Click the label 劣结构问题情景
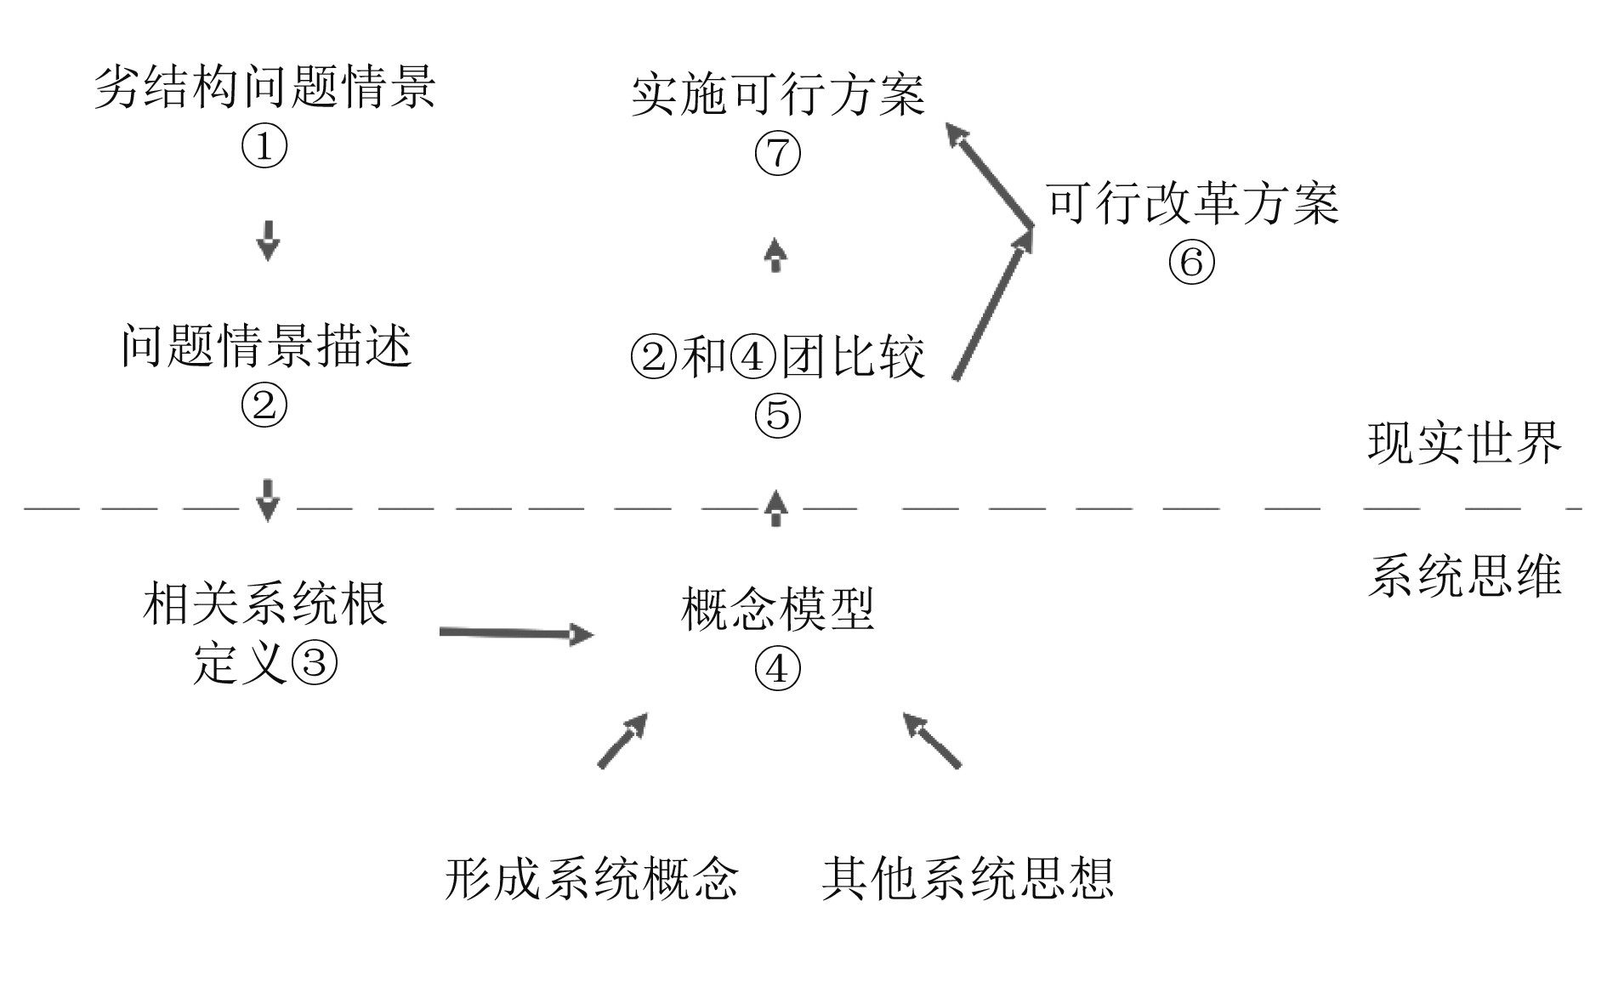pyautogui.click(x=264, y=88)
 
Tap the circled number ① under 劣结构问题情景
pyautogui.click(x=264, y=147)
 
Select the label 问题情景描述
pyautogui.click(x=266, y=347)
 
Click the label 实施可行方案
pyautogui.click(x=778, y=94)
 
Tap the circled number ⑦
pyautogui.click(x=778, y=154)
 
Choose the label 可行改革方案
pyautogui.click(x=1192, y=204)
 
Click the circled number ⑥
pyautogui.click(x=1191, y=263)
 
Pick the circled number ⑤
pyautogui.click(x=778, y=415)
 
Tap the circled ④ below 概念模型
pyautogui.click(x=778, y=669)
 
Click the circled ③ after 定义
pyautogui.click(x=315, y=661)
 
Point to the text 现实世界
pyautogui.click(x=1465, y=443)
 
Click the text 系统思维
pyautogui.click(x=1465, y=577)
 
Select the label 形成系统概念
pyautogui.click(x=592, y=878)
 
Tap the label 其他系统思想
pyautogui.click(x=968, y=878)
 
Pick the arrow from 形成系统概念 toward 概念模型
pyautogui.click(x=623, y=740)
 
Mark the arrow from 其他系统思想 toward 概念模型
pyautogui.click(x=932, y=740)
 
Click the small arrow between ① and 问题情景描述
pyautogui.click(x=268, y=241)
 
